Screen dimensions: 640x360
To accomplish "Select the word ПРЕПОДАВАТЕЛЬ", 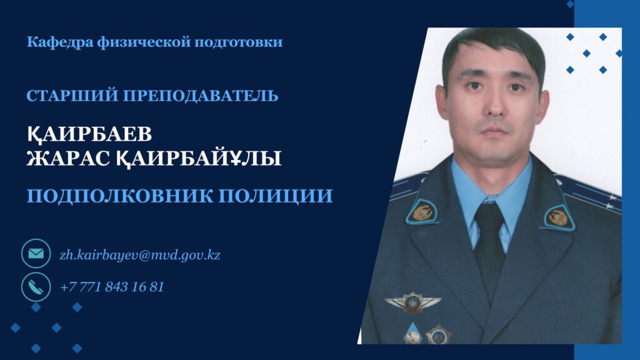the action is pos(201,96).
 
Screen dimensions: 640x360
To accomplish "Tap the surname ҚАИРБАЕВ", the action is pos(89,134).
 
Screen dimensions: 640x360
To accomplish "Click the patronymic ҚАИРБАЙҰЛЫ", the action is pos(199,158).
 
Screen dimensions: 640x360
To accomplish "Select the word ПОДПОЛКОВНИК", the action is pos(120,196).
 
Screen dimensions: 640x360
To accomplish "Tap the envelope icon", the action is pos(36,254).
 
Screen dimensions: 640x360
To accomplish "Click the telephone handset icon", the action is pos(36,286).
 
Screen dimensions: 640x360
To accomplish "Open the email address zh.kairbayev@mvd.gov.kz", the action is pos(140,255).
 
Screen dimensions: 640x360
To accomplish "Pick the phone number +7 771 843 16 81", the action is pos(112,286).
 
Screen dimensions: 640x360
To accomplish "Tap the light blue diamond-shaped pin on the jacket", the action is pos(412,333).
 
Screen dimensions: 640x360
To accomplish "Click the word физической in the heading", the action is pos(144,42).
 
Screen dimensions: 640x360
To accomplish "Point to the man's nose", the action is pos(495,104).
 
